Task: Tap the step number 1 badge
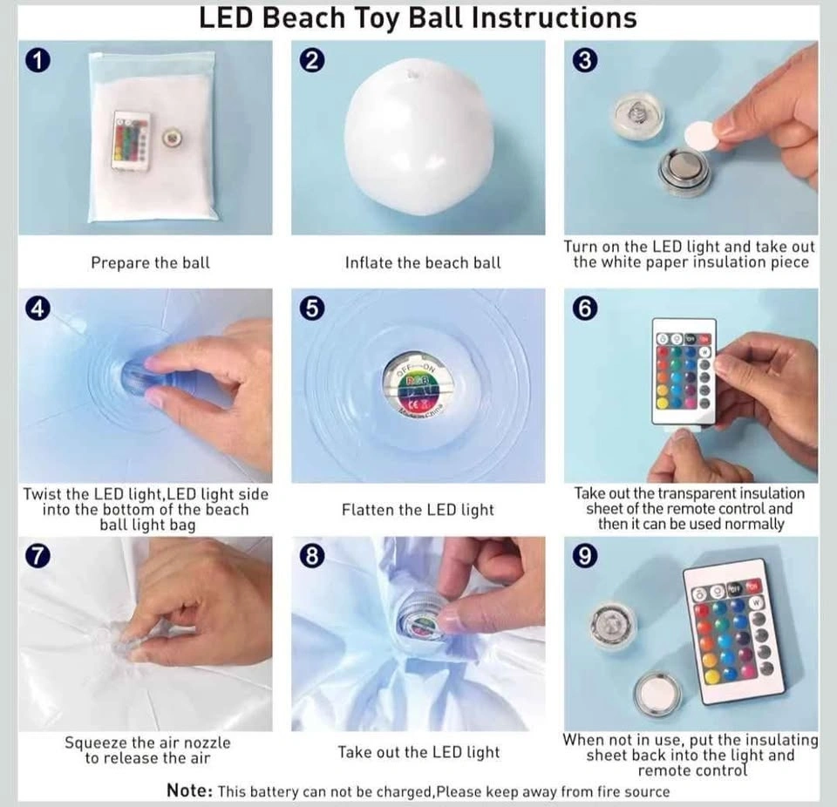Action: (37, 60)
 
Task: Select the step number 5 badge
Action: (312, 309)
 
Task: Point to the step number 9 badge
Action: (585, 556)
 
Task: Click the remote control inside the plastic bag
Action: (131, 141)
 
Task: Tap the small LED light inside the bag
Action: (173, 138)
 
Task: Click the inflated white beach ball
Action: (419, 137)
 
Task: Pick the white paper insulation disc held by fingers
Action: (700, 137)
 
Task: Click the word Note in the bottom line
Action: (190, 790)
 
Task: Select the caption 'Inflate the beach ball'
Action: (423, 262)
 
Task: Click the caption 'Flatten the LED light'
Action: (418, 510)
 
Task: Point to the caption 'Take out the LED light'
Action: (419, 753)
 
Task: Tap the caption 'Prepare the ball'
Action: (151, 262)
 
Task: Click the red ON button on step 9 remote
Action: (752, 587)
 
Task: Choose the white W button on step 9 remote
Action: (756, 602)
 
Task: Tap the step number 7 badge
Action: (37, 556)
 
